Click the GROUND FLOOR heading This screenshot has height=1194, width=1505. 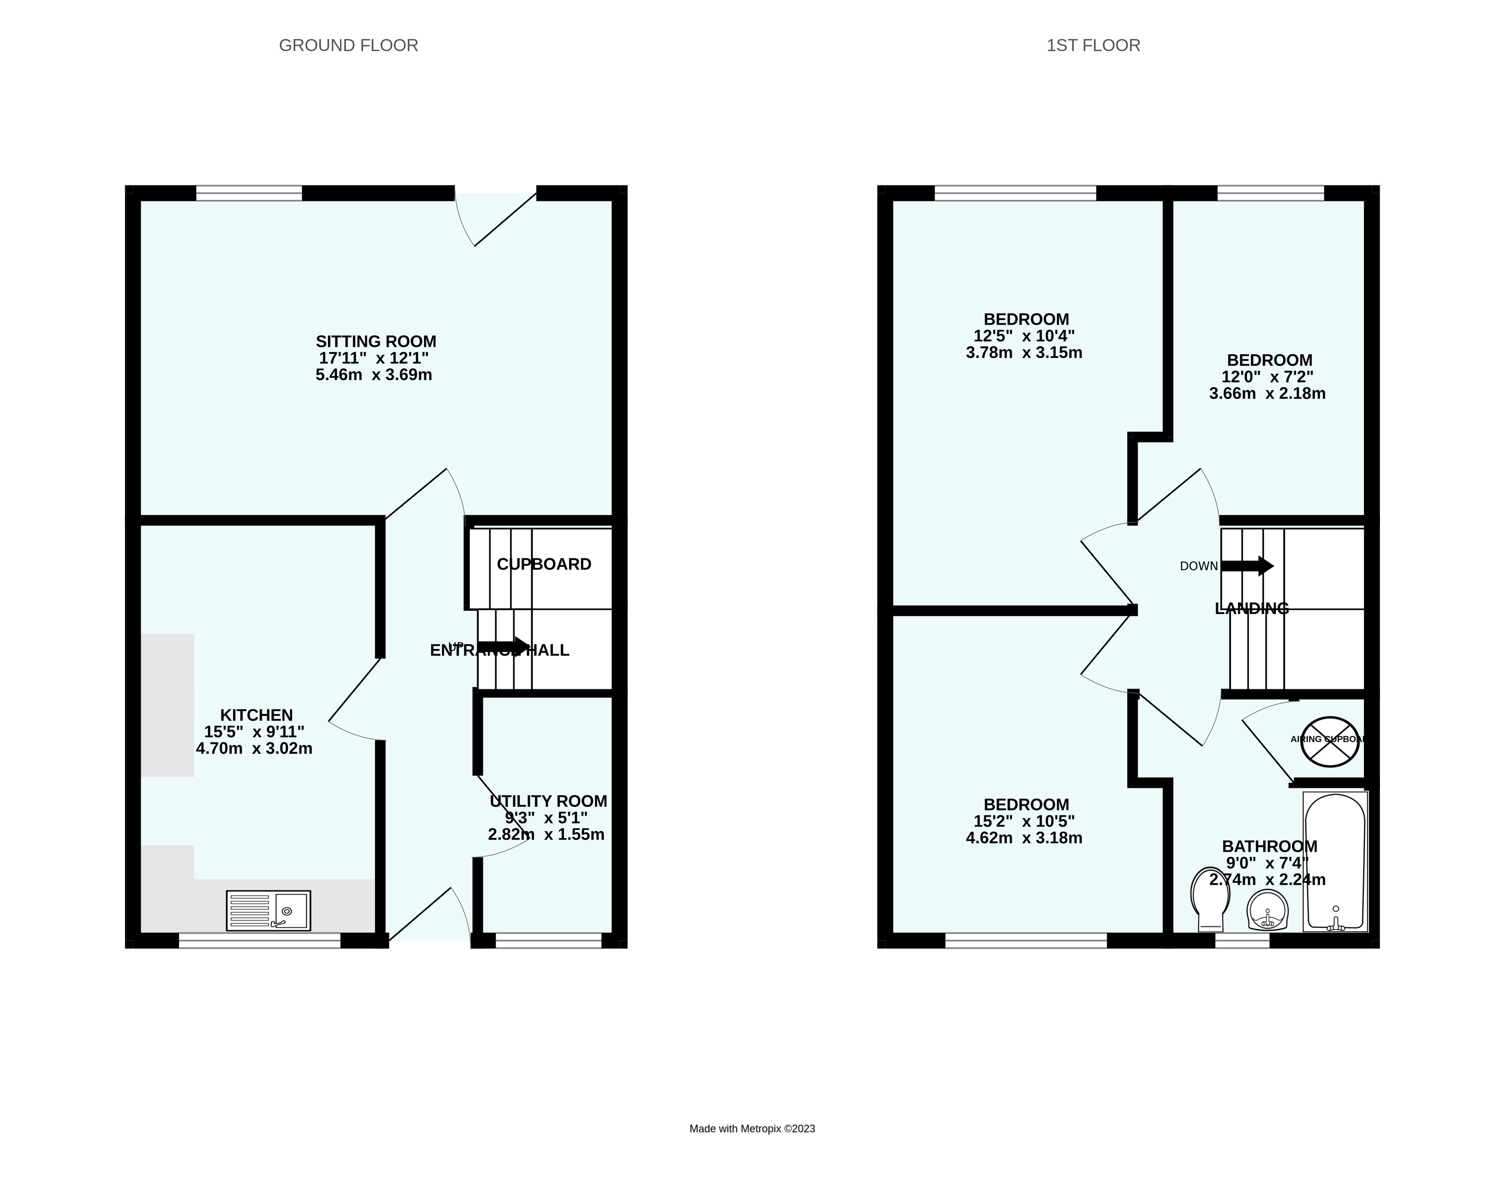tap(348, 46)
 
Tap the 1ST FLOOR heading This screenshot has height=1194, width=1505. tap(1093, 46)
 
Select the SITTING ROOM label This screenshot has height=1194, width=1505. tap(375, 341)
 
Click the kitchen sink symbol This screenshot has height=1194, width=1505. tap(268, 911)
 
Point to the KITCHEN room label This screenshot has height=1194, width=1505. tap(256, 715)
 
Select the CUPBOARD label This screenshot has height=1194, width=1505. tap(544, 564)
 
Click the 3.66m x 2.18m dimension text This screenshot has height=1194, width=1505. tap(1267, 394)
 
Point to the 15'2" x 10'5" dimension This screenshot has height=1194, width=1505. tap(1024, 821)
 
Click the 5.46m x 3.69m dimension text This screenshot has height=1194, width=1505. tap(373, 375)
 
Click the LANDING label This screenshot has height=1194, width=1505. tap(1252, 608)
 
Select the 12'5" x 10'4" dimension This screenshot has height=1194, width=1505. tap(1024, 336)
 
